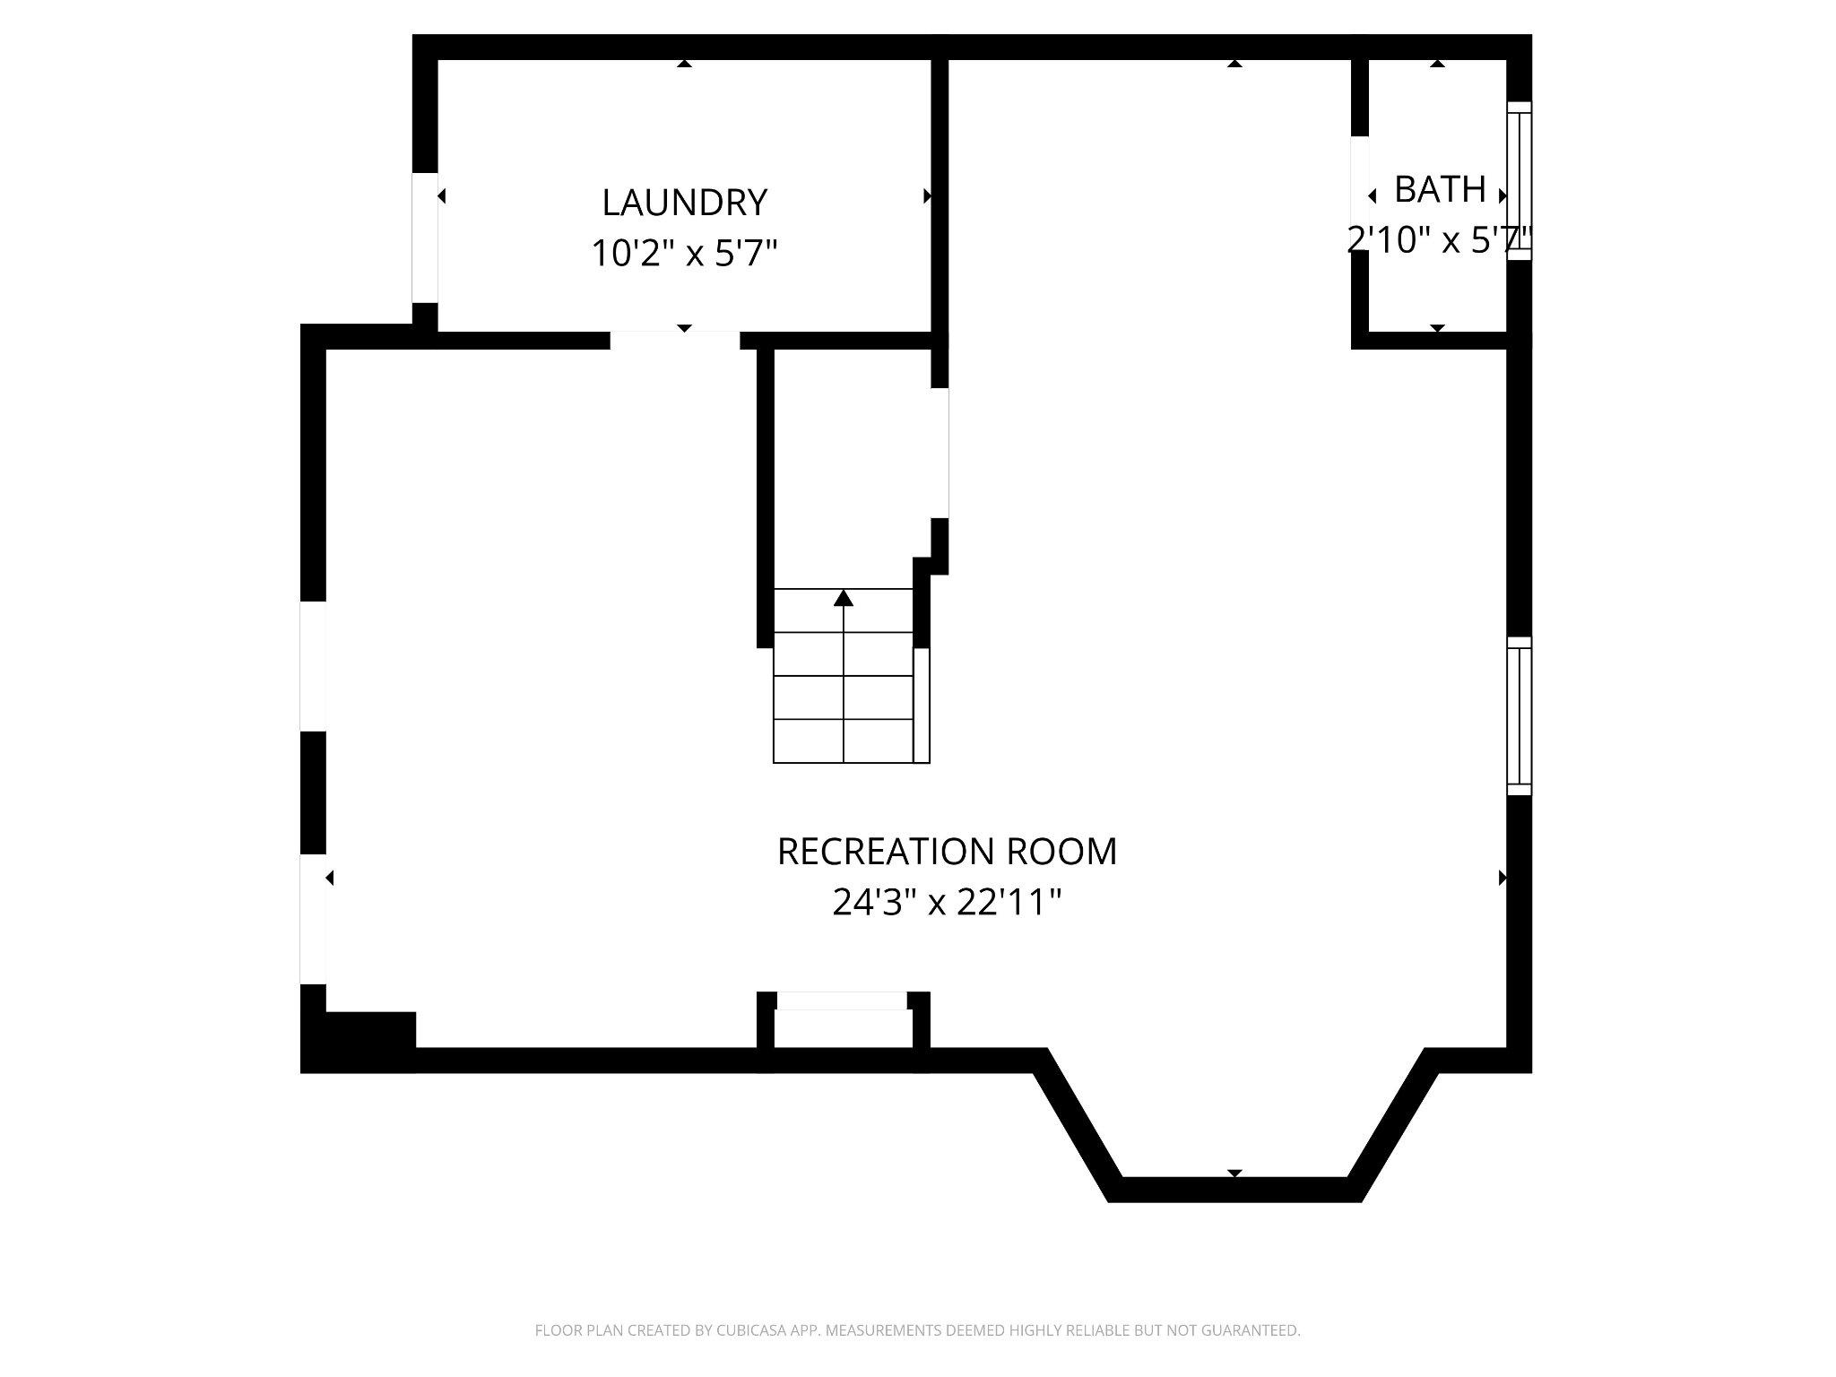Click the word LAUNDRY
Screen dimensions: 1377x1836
click(x=684, y=203)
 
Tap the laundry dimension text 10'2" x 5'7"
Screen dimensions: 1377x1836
click(x=684, y=254)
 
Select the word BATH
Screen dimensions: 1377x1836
click(x=1440, y=189)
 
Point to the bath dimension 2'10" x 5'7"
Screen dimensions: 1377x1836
click(x=1440, y=239)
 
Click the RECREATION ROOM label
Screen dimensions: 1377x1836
click(x=947, y=851)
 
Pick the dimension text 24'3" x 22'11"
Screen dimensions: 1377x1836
click(x=947, y=902)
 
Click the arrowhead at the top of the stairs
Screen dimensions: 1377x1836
click(x=844, y=598)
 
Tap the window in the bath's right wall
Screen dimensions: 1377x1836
click(x=1519, y=181)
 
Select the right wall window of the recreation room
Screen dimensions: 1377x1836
click(x=1519, y=715)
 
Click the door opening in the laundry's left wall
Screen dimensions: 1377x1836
click(x=425, y=238)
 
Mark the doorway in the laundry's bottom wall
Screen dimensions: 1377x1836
click(x=675, y=340)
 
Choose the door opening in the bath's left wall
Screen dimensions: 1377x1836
click(x=1360, y=193)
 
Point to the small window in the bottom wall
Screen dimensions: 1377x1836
click(x=842, y=1001)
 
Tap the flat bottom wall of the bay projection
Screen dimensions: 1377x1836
click(x=1234, y=1189)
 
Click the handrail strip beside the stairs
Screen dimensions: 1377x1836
click(x=922, y=705)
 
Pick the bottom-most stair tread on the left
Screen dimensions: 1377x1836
click(x=809, y=741)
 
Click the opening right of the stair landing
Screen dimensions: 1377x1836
click(x=940, y=453)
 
